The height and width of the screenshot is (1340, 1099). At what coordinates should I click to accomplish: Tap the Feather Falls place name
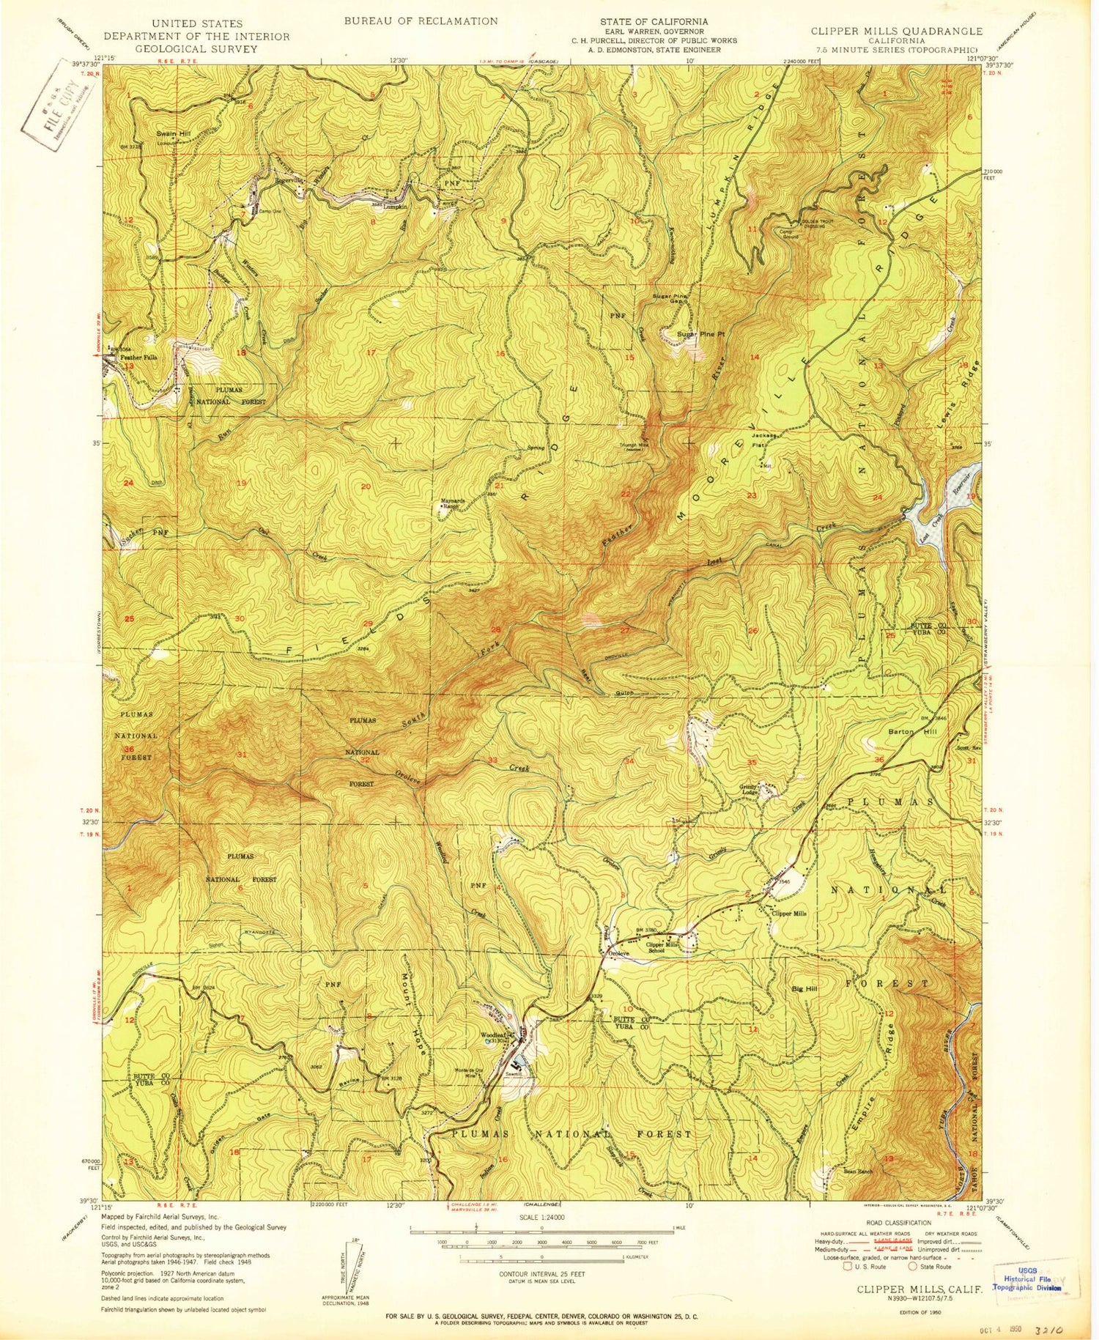tap(140, 357)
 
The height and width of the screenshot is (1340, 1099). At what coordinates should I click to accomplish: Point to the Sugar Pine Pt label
tap(700, 334)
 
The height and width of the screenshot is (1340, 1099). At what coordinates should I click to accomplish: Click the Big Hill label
tap(804, 989)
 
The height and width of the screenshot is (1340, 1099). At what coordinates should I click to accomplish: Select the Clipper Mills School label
tap(662, 947)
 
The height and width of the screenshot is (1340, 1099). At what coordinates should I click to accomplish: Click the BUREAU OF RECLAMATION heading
tap(421, 21)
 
